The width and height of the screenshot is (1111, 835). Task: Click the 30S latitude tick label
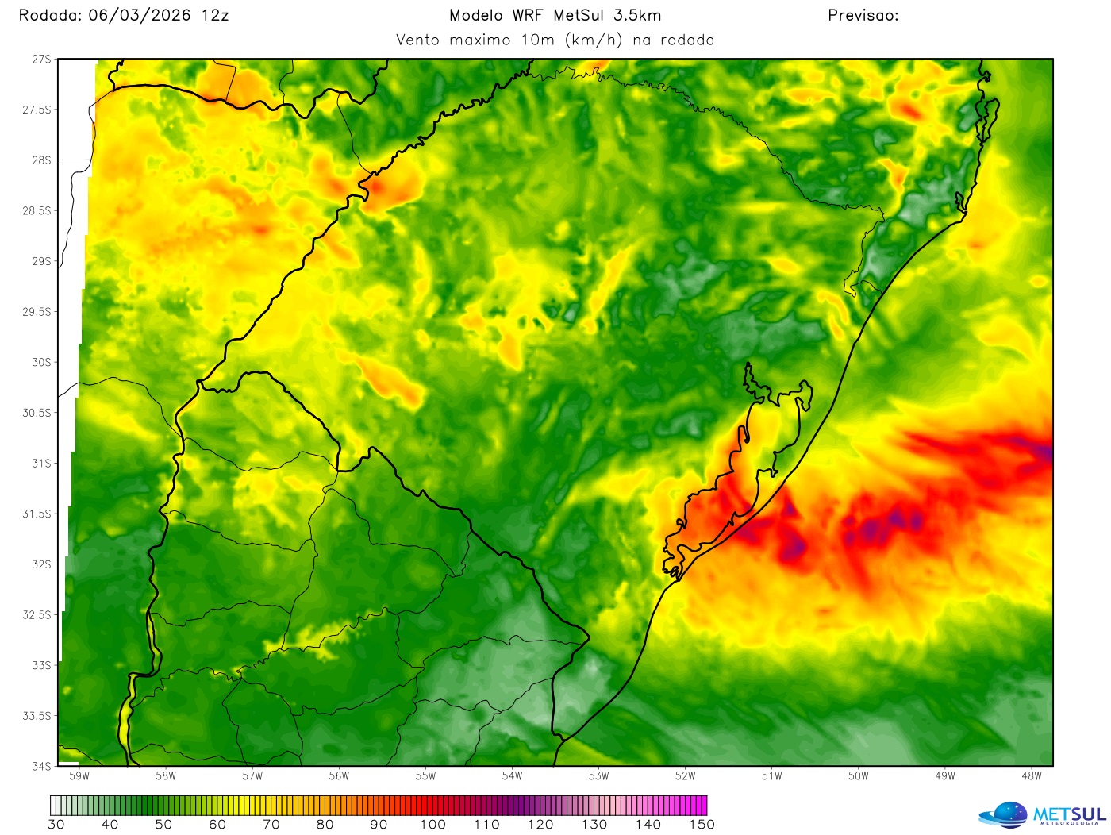41,362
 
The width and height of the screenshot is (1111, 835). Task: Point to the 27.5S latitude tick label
37,110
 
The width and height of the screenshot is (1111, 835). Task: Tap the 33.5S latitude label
37,716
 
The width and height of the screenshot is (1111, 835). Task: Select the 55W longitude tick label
426,776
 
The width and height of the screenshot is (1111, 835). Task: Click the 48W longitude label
1032,776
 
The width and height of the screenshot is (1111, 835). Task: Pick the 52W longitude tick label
686,776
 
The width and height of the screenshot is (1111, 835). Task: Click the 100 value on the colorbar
433,825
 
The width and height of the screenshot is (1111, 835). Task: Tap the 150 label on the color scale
702,825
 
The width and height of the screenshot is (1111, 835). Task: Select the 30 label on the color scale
56,825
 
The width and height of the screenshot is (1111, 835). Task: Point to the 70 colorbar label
271,825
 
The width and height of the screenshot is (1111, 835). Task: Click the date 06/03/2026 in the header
140,16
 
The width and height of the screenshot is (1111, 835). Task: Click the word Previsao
862,16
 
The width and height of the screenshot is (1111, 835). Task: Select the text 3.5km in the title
637,16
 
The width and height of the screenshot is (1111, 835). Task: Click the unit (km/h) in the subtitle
594,40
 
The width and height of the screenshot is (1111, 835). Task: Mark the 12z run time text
215,16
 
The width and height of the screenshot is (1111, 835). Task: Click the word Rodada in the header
49,16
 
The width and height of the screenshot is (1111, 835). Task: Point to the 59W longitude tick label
79,776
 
